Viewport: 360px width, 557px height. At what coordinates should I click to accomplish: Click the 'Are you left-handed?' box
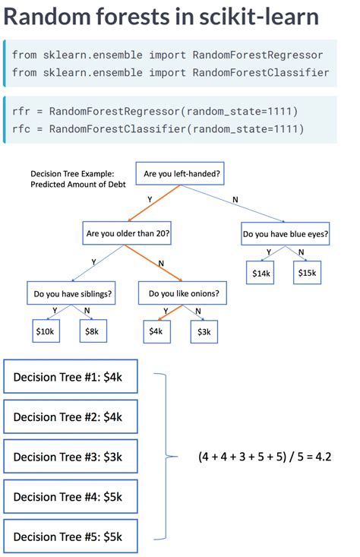tap(182, 175)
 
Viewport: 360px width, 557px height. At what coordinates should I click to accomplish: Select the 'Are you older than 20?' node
tap(128, 233)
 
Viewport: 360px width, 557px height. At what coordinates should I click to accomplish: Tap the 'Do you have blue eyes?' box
tap(285, 235)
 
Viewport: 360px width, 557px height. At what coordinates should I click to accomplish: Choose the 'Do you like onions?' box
tap(183, 293)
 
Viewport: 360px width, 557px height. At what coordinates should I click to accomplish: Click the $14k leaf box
tap(261, 274)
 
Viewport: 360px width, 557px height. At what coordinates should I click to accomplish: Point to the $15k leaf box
tap(307, 274)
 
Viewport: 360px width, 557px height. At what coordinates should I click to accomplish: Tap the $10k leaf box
tap(45, 331)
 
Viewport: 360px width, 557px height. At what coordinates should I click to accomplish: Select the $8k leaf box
tap(92, 331)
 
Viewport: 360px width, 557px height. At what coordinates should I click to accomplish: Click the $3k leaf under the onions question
tap(204, 331)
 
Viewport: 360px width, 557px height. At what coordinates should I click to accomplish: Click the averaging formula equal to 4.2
tap(264, 457)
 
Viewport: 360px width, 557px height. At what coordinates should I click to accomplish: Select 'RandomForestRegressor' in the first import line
tap(258, 55)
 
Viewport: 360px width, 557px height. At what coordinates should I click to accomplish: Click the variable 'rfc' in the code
tap(21, 129)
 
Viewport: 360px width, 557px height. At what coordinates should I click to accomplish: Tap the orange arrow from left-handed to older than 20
tap(157, 204)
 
